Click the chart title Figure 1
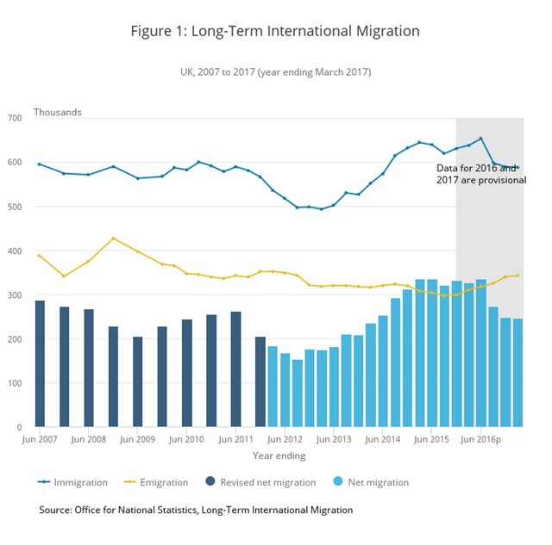coord(275,32)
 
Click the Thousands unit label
coord(57,112)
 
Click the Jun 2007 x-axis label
coord(40,439)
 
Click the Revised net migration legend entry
coord(262,482)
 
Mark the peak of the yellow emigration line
coord(113,238)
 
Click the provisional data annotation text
coord(480,174)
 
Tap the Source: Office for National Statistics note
coord(196,511)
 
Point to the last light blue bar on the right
coord(517,373)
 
